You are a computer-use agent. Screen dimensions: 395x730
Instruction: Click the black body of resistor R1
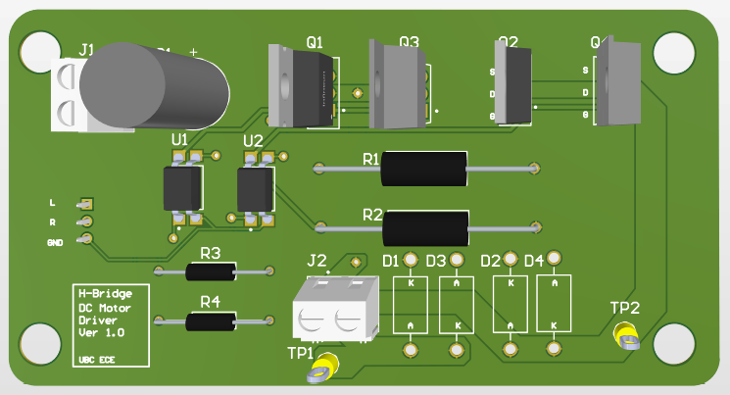coord(422,169)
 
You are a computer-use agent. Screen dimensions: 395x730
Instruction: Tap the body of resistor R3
coord(210,271)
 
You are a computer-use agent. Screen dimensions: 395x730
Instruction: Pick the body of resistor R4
coord(211,321)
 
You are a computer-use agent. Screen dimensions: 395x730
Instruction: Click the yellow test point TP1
coord(320,369)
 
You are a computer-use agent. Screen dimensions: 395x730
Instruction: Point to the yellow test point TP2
coord(627,338)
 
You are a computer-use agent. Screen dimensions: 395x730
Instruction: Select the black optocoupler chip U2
coord(255,187)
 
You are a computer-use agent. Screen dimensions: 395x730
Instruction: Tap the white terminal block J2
coord(335,308)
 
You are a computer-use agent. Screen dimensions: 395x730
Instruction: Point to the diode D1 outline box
coord(410,304)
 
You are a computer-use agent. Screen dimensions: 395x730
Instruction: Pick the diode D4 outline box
coord(554,304)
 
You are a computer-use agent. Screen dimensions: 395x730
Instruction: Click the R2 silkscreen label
coord(372,215)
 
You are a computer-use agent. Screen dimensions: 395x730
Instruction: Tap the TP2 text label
coord(625,308)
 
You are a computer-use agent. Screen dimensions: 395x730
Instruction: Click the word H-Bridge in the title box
coord(100,294)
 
